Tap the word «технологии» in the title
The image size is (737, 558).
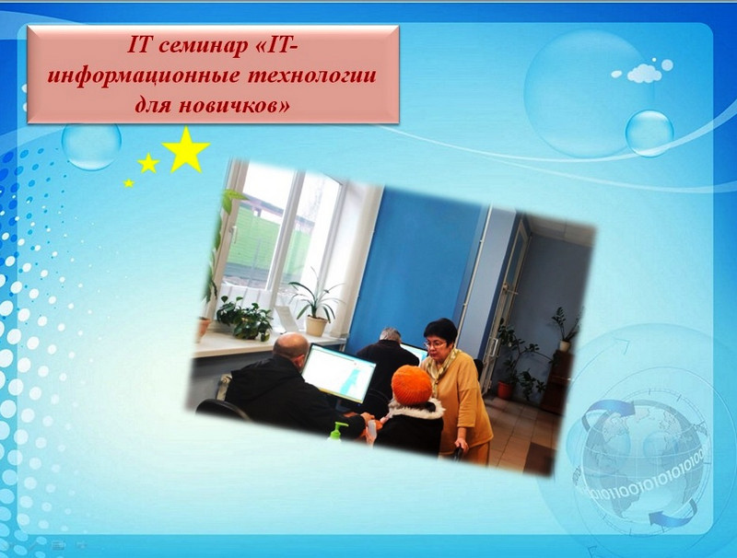pyautogui.click(x=311, y=76)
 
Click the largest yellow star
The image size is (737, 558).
pyautogui.click(x=186, y=150)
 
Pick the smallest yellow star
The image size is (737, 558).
pyautogui.click(x=128, y=182)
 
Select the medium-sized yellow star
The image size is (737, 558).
pyautogui.click(x=148, y=163)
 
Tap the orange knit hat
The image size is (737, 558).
pyautogui.click(x=411, y=386)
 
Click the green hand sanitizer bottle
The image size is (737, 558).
pyautogui.click(x=336, y=431)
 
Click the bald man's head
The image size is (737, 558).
pyautogui.click(x=290, y=346)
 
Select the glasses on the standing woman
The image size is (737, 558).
pyautogui.click(x=434, y=344)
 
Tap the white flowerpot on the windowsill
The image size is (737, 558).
pyautogui.click(x=316, y=326)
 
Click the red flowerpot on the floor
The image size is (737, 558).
pyautogui.click(x=504, y=390)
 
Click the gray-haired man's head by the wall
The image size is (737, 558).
pyautogui.click(x=390, y=336)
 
